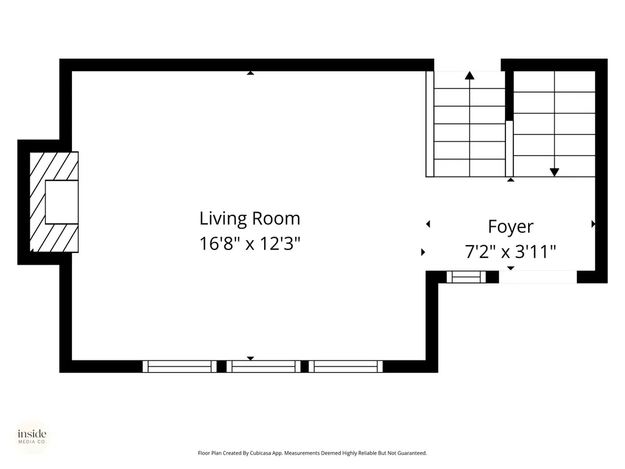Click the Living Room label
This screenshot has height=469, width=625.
(249, 218)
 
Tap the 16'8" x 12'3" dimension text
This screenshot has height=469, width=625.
(249, 243)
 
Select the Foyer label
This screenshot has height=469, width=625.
(510, 227)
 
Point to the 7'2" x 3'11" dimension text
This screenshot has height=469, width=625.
(510, 252)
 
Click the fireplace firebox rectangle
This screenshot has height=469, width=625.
(62, 202)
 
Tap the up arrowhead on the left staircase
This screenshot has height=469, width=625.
(470, 76)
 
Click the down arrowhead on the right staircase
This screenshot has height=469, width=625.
(554, 172)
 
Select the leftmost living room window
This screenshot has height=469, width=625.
(179, 367)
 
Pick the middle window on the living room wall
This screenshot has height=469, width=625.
(263, 367)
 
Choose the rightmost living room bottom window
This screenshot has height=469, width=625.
(346, 367)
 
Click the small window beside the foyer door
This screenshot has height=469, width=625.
(466, 277)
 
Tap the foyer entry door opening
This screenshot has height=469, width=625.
(538, 277)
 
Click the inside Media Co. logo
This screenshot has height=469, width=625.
(32, 436)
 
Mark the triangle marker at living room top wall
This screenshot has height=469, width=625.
(251, 73)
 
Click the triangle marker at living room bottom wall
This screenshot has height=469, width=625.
(251, 359)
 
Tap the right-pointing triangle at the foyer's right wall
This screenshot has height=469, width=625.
(593, 224)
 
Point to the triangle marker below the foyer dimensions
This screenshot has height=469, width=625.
(510, 268)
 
